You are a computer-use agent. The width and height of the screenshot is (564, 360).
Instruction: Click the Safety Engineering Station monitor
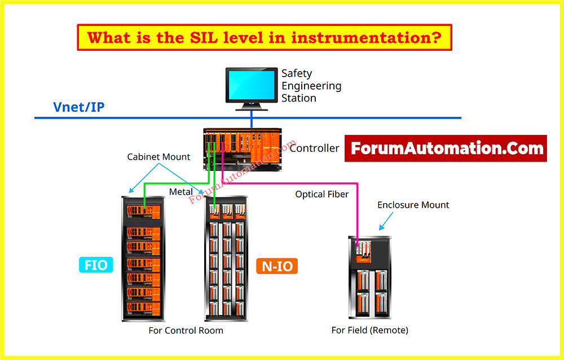pyautogui.click(x=252, y=85)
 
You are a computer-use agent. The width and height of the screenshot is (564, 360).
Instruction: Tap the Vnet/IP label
pyautogui.click(x=78, y=107)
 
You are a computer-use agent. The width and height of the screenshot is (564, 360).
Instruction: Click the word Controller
pyautogui.click(x=314, y=148)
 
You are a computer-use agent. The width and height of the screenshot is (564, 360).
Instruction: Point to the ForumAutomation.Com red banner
pyautogui.click(x=446, y=148)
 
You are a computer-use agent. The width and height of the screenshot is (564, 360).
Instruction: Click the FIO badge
pyautogui.click(x=96, y=264)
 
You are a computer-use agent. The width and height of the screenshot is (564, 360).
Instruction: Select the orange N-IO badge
pyautogui.click(x=277, y=266)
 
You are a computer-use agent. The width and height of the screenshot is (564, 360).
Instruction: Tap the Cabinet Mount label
pyautogui.click(x=158, y=157)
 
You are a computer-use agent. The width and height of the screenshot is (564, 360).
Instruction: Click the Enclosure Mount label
pyautogui.click(x=413, y=205)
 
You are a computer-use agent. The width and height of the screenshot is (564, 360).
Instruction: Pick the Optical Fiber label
pyautogui.click(x=322, y=194)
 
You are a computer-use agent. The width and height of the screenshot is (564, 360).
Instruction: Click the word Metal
pyautogui.click(x=181, y=192)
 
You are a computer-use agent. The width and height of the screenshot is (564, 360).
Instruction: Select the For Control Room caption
pyautogui.click(x=186, y=330)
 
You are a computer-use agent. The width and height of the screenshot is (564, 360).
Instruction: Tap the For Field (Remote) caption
pyautogui.click(x=369, y=330)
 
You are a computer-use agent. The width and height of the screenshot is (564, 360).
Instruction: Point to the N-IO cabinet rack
pyautogui.click(x=227, y=258)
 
